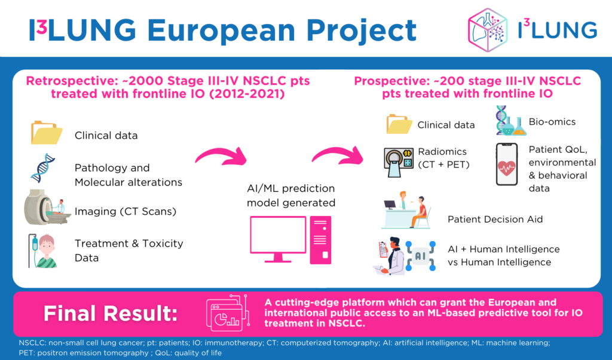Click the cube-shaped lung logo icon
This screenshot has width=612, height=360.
coord(488,30)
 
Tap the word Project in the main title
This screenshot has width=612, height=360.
coord(362,31)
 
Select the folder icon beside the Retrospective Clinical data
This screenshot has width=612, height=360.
coord(47,133)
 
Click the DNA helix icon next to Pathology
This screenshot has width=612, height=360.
coord(43,168)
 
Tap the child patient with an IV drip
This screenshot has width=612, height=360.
coord(43,251)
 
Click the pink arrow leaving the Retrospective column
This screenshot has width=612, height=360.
coord(221,155)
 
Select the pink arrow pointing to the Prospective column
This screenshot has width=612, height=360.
coord(338,154)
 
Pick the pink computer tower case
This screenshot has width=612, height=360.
coord(320,240)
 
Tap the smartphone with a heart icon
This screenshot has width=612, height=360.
coord(507,164)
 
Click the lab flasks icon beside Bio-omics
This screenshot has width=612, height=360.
coord(512,121)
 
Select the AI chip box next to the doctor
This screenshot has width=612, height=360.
coord(420,256)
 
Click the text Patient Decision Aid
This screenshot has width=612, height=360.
coord(495,219)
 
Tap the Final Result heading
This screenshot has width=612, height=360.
coord(111,313)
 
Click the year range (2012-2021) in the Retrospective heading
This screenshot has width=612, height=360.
coord(247,94)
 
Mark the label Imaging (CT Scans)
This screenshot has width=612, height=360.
coord(126,212)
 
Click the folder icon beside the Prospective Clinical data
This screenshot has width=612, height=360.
coord(399,124)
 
